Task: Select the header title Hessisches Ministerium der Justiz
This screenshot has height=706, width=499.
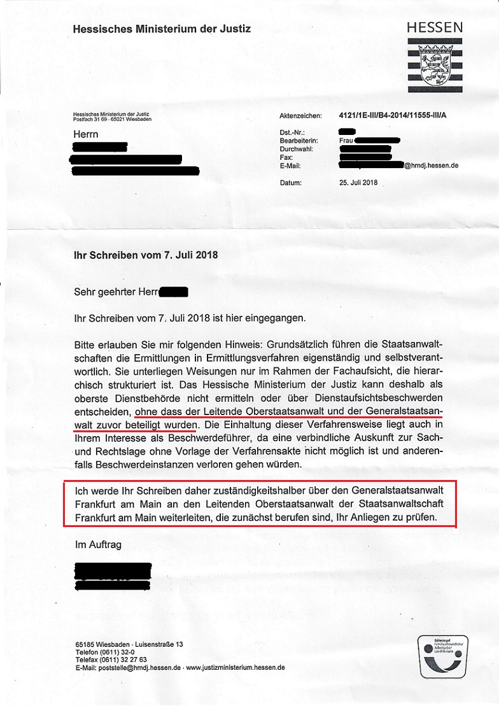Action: (162, 29)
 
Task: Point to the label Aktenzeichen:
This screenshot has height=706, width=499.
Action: (298, 117)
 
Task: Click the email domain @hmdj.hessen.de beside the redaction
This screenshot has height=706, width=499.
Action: (431, 166)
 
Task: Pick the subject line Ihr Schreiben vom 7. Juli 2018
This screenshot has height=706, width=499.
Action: (146, 255)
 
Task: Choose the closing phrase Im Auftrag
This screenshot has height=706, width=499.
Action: (98, 545)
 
